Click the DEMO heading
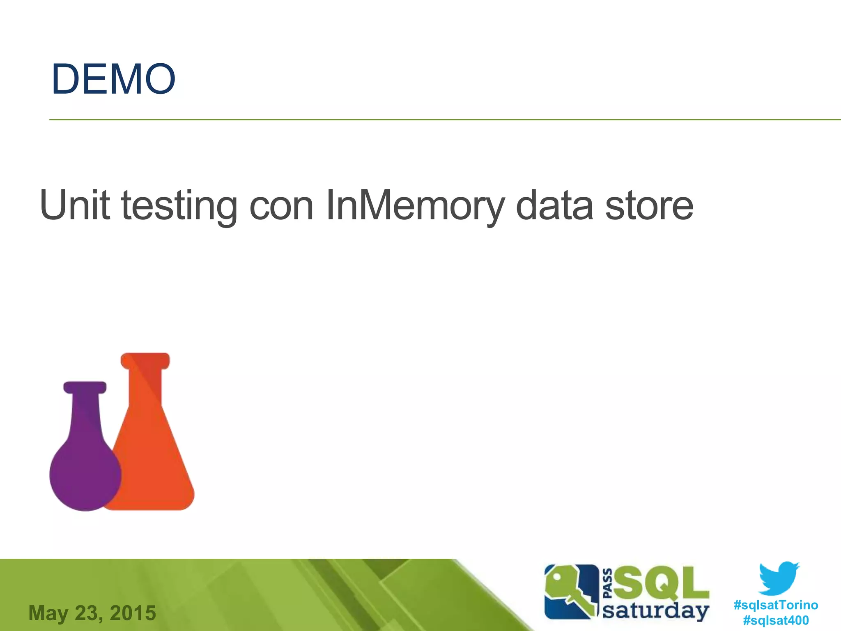[x=113, y=79]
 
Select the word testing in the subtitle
[x=179, y=205]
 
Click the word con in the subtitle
[x=281, y=205]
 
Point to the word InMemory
[x=415, y=205]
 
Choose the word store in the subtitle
[x=649, y=205]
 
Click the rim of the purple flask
[x=85, y=387]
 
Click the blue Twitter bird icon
[x=779, y=578]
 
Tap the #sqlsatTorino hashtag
[x=776, y=605]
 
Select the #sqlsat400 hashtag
[x=776, y=620]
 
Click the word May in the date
[x=48, y=613]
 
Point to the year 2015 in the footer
[x=133, y=613]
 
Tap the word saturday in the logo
[x=655, y=611]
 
